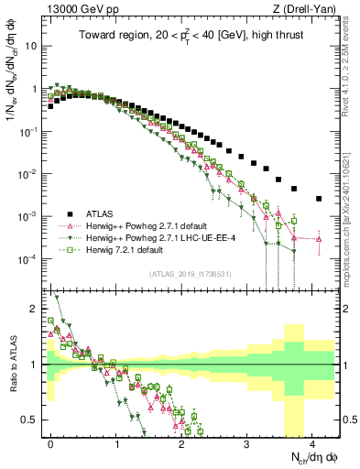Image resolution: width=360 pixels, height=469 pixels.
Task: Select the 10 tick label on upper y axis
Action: pyautogui.click(x=33, y=46)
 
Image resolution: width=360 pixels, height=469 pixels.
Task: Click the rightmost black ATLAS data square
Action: pyautogui.click(x=319, y=198)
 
